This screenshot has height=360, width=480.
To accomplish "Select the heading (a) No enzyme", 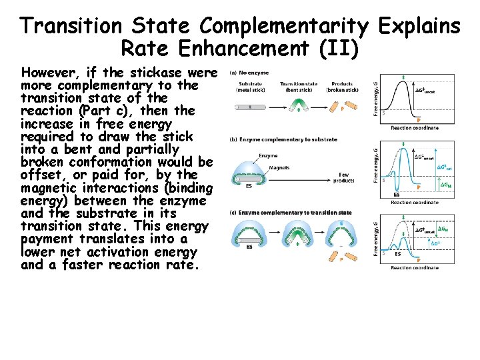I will pos(249,73).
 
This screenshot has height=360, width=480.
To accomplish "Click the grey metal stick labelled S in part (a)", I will pos(249,106).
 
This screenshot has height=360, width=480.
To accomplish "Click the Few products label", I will pos(343,178).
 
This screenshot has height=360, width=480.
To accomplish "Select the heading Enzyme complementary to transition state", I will pos(294,213).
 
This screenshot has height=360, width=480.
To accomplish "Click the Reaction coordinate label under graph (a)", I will pos(415,128).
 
